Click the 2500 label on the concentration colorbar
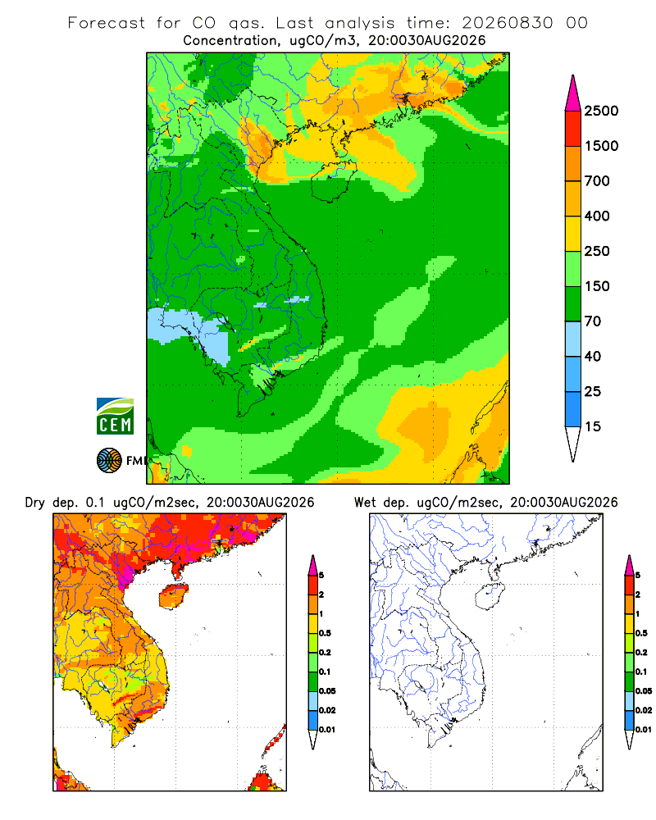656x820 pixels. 601,111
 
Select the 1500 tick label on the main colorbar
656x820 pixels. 601,146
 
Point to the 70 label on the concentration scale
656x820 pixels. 593,321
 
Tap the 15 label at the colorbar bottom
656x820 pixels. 593,426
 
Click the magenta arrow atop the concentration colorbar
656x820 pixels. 573,94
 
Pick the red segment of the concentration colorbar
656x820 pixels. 573,129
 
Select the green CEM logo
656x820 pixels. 115,417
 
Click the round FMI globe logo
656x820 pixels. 109,461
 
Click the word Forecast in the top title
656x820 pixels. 107,23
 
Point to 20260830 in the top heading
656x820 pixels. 507,23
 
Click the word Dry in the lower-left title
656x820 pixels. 35,503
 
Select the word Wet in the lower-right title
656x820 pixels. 365,503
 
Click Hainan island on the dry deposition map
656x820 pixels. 174,597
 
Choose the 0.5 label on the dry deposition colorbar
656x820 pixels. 325,633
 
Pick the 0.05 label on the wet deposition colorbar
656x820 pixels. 644,691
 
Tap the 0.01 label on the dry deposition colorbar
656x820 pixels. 327,730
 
